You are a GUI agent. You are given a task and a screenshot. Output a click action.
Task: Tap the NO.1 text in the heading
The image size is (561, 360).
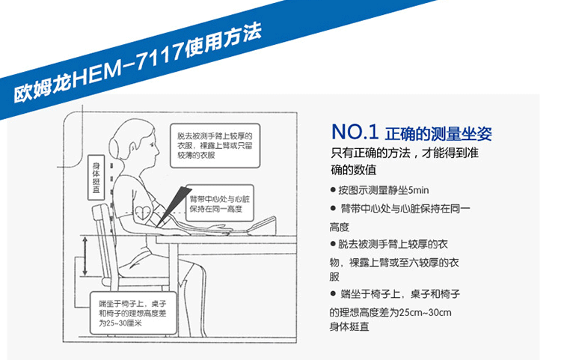355,132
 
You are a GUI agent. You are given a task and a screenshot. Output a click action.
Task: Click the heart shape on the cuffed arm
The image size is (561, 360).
143,212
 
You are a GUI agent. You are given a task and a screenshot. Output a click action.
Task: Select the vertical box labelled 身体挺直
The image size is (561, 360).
96,177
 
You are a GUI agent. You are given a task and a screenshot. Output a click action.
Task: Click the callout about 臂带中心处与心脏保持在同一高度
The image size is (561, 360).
220,204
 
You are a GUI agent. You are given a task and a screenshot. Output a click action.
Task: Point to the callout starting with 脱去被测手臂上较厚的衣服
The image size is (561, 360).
215,146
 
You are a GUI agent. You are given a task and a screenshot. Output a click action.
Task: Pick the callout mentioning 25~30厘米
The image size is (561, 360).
133,313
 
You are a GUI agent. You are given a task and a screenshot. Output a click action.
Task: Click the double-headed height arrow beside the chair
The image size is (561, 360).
85,256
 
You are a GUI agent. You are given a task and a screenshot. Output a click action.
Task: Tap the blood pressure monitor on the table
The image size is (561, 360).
264,225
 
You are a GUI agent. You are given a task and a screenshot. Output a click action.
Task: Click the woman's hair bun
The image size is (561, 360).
114,146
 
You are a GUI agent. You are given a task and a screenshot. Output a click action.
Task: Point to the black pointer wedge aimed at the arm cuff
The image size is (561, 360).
174,205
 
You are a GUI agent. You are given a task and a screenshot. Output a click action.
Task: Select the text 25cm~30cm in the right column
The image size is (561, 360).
425,312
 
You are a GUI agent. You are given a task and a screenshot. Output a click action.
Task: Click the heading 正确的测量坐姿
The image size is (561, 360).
438,133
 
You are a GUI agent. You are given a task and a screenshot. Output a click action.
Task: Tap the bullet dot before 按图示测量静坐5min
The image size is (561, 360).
333,190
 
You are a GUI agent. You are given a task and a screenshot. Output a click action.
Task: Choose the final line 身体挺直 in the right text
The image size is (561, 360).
349,327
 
